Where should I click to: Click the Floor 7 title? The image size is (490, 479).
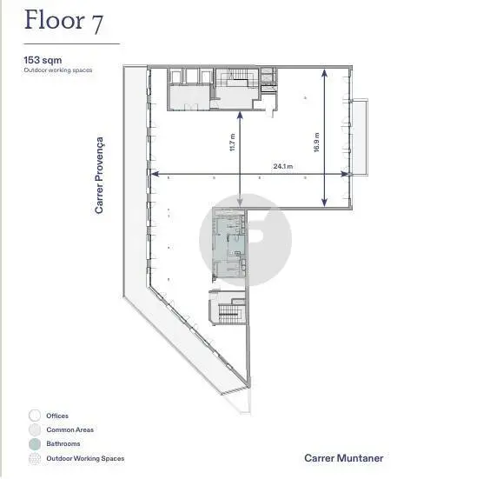[x=63, y=21]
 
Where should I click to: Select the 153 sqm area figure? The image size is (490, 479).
[x=43, y=60]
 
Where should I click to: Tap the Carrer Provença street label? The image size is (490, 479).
[x=99, y=176]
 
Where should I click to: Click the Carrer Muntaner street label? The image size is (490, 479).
[x=344, y=458]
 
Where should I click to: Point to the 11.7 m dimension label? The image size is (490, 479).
[x=232, y=143]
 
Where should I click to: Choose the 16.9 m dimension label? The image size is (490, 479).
[x=316, y=143]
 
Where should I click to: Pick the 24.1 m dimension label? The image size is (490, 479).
[x=283, y=166]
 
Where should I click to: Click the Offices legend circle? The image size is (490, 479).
[x=35, y=416]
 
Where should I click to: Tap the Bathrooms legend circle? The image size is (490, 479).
[x=35, y=443]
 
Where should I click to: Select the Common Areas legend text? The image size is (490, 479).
[x=70, y=429]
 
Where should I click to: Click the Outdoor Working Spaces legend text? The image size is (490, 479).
[x=85, y=458]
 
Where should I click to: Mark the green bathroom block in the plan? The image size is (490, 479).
[x=229, y=243]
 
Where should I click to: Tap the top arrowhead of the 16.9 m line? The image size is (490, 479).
[x=325, y=73]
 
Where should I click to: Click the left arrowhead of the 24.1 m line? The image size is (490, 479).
[x=155, y=174]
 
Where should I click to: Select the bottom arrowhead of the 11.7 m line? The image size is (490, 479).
[x=240, y=203]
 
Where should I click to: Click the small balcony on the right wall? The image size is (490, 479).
[x=360, y=137]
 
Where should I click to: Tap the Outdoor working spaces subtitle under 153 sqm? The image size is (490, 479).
[x=58, y=70]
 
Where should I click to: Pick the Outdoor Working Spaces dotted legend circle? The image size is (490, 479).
[x=35, y=458]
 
